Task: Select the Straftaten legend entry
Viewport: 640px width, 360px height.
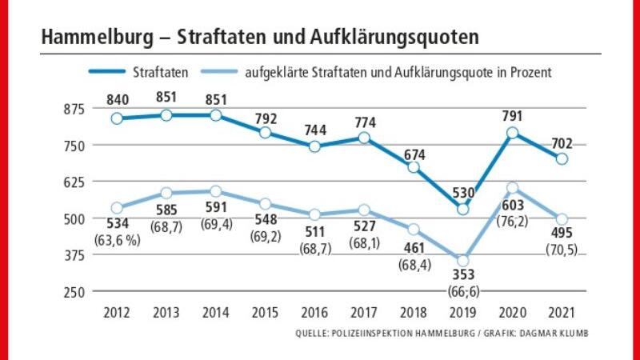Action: pos(161,73)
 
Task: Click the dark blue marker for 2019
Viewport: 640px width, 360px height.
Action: pos(462,209)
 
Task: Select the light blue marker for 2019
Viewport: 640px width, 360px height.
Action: pos(462,261)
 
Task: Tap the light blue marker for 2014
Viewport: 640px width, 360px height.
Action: pos(216,191)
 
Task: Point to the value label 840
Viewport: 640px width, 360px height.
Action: pos(117,98)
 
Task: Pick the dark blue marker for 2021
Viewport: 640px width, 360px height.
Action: pos(561,159)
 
